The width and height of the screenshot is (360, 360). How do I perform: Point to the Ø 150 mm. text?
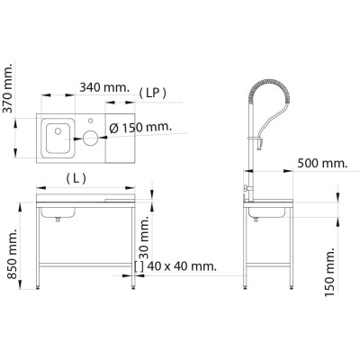(141, 128)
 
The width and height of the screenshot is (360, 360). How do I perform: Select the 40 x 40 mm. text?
(180, 266)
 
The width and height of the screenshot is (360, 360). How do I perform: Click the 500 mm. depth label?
(321, 164)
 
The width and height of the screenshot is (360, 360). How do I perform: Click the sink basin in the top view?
(58, 138)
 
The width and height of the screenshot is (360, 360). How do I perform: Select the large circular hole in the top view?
(91, 138)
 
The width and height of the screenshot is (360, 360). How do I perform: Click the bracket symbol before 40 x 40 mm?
(137, 266)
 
